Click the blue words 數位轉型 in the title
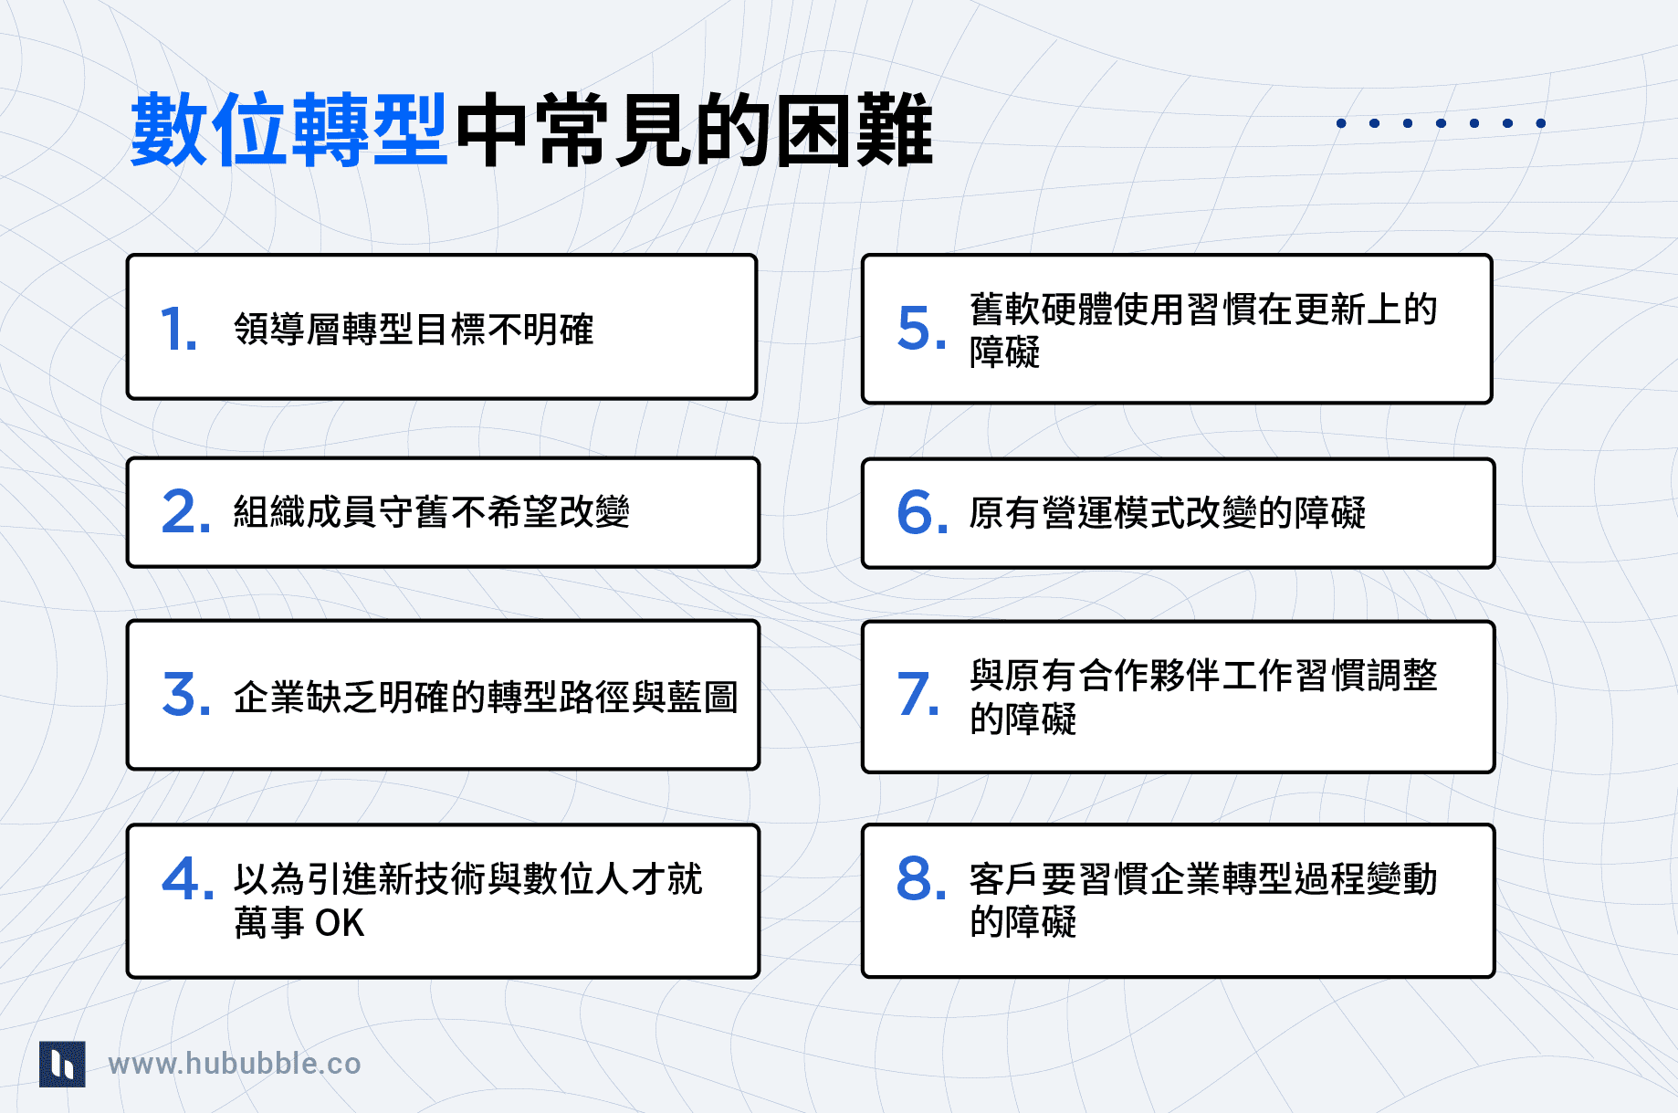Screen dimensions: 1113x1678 point(288,131)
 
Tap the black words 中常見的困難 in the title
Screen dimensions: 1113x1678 point(694,131)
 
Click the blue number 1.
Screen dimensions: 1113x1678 point(177,329)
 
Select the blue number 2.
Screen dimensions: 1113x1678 point(185,511)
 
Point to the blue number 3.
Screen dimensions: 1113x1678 point(185,695)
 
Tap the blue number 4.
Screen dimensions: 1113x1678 point(186,878)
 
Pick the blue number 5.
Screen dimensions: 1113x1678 point(921,329)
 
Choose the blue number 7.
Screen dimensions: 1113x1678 point(918,695)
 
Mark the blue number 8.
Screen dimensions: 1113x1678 point(921,878)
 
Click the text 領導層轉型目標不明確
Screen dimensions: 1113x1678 point(414,330)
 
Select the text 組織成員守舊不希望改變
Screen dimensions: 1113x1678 point(431,512)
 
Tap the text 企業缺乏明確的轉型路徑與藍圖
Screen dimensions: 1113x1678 point(486,698)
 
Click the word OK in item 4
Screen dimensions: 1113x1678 point(340,923)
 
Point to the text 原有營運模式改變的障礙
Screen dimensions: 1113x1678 point(1167,513)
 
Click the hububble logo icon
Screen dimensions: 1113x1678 point(62,1064)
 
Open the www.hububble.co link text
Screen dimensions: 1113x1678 point(235,1064)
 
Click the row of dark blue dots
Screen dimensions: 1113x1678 point(1441,123)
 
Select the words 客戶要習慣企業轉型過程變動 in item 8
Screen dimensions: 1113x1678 point(1203,879)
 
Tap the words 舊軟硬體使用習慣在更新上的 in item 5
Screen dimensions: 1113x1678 point(1203,310)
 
